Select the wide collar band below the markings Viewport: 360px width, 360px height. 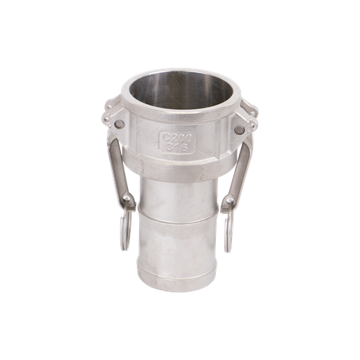(x=179, y=166)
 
